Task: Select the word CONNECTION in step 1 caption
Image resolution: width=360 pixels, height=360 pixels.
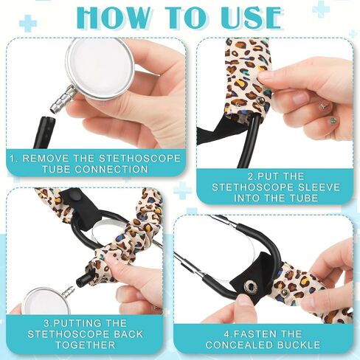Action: [111, 170]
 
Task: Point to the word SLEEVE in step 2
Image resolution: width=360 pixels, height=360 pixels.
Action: [319, 187]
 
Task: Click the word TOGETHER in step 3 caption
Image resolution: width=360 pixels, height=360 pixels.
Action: [86, 345]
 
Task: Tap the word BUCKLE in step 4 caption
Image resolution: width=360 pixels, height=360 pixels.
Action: [300, 345]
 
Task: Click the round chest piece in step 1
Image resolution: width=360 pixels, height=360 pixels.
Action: [100, 68]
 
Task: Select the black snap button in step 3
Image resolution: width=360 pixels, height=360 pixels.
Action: [78, 197]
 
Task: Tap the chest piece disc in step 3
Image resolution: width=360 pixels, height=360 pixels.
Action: [46, 301]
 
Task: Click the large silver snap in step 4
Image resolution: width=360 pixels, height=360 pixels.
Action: [249, 286]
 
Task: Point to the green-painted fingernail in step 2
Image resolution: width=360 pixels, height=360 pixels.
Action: [333, 120]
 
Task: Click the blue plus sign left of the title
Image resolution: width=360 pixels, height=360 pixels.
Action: [28, 23]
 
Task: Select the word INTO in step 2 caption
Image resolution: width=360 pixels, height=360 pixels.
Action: [246, 198]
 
